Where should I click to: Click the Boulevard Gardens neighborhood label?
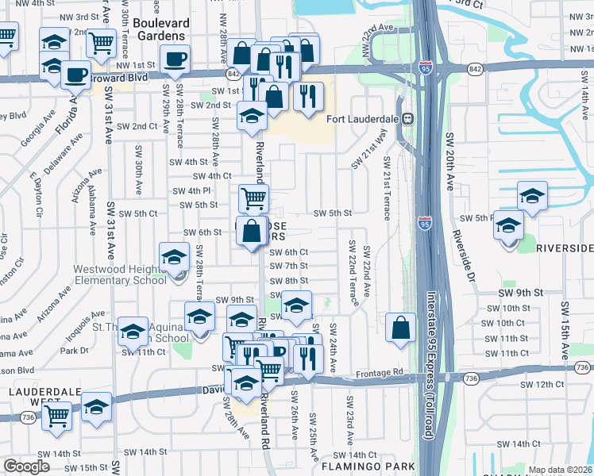(170, 29)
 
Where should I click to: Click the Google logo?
(26, 466)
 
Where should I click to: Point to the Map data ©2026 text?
(560, 470)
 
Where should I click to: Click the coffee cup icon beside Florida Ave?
(76, 75)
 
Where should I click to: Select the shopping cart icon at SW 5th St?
(253, 198)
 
